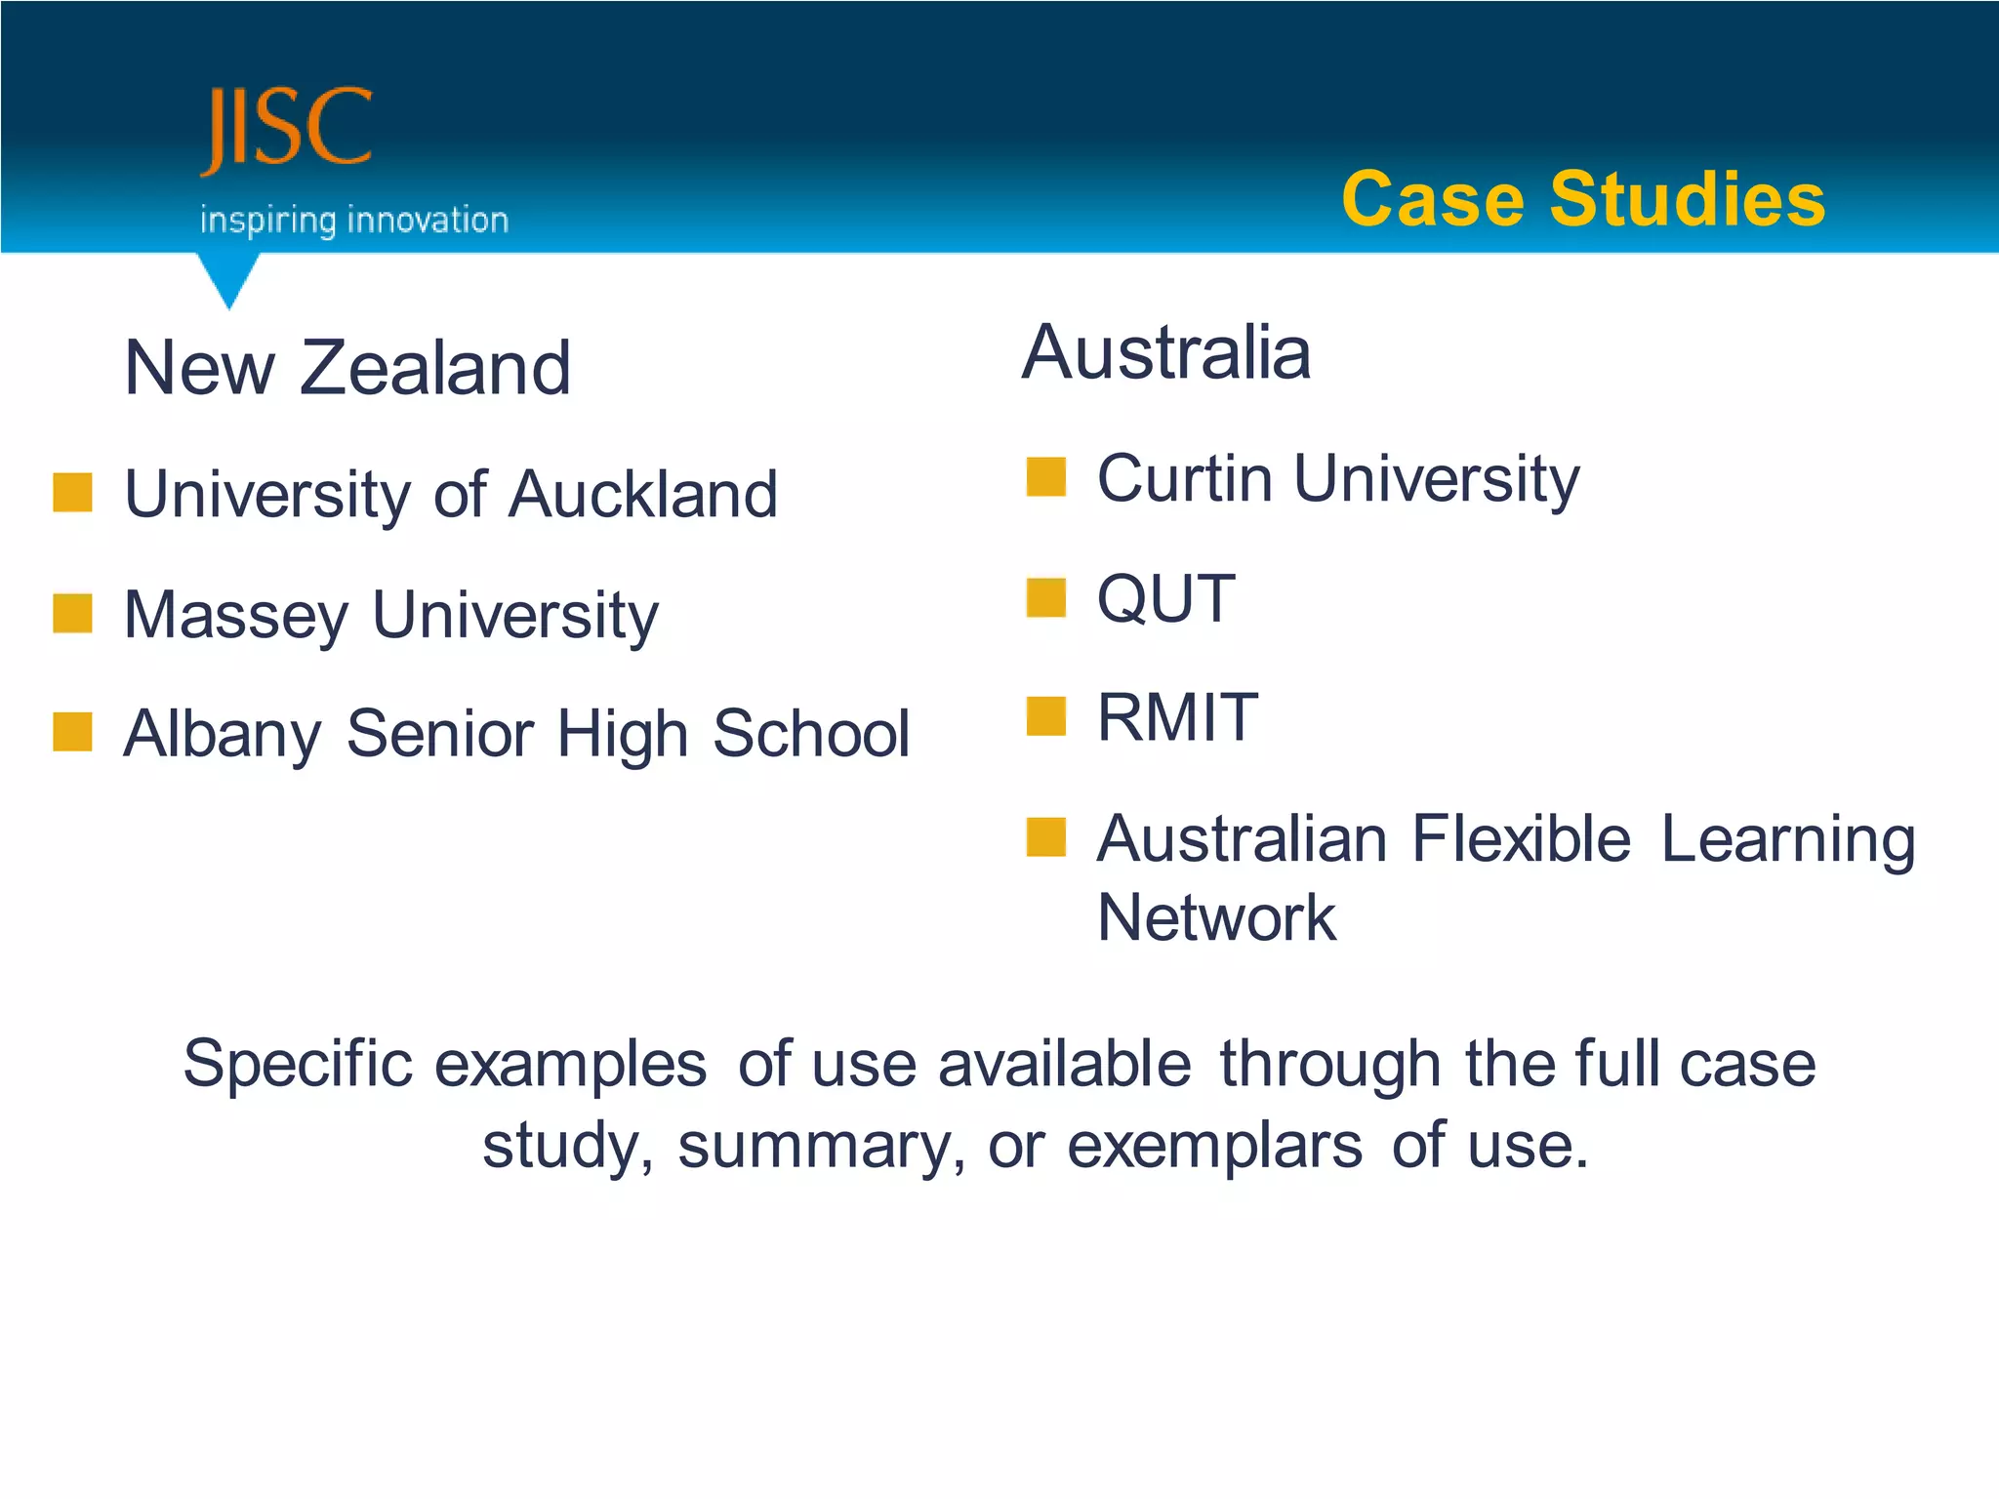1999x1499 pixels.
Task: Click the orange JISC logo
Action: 287,130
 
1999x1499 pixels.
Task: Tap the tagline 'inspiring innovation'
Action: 354,220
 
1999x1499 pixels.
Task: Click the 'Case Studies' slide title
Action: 1582,199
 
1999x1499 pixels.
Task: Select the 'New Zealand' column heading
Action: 347,368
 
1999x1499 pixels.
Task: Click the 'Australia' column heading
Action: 1166,352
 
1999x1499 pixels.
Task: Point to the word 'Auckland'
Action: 643,494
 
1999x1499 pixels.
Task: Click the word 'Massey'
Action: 236,616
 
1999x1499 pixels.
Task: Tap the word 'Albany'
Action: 223,734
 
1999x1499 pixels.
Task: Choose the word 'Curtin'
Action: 1184,479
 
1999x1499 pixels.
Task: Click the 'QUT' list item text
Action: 1166,598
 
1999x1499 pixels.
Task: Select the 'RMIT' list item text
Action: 1177,717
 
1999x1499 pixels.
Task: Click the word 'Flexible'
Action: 1521,838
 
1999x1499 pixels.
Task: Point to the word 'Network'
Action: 1216,918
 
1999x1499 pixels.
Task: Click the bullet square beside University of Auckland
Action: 73,492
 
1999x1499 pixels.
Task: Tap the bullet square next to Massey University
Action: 73,613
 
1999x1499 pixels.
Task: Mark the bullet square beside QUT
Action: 1045,597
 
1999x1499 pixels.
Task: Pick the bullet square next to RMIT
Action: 1045,716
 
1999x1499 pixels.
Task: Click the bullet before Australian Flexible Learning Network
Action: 1045,837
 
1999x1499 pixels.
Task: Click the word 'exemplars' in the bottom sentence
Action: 1214,1145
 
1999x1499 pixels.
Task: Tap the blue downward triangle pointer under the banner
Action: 228,278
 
